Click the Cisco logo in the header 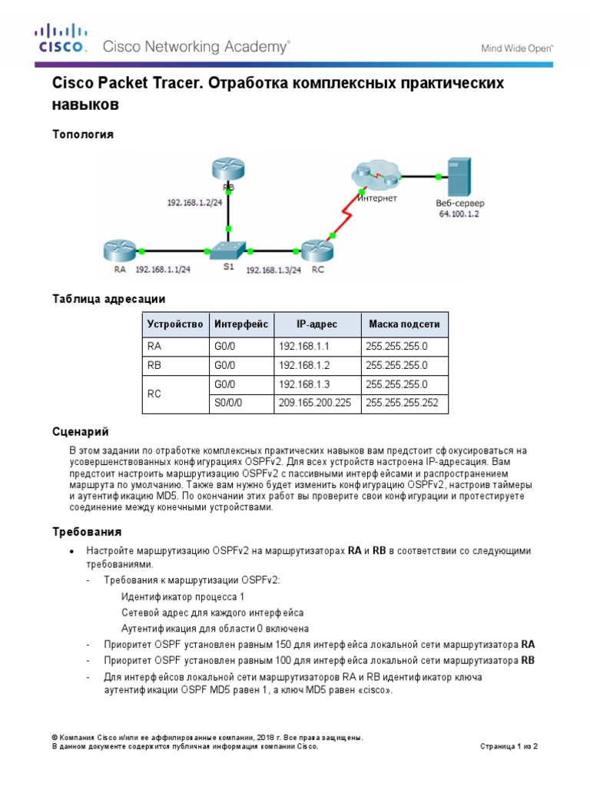pos(61,39)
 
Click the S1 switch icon pos(228,251)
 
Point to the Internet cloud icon pos(376,174)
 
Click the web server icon pos(458,176)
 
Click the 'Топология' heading pos(83,134)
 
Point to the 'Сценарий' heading pos(80,433)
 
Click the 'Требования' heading pos(87,532)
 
